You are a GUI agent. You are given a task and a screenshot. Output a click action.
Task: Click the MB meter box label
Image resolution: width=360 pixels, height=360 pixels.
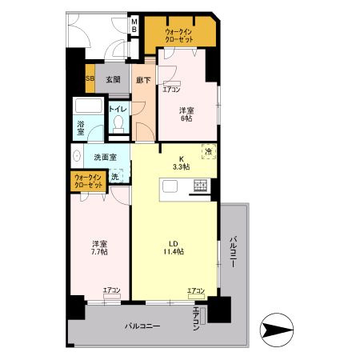(134, 25)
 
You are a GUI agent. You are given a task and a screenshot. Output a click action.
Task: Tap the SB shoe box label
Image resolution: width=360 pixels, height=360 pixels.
(90, 78)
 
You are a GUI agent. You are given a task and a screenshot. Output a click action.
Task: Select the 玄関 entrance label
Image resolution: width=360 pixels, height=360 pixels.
(113, 79)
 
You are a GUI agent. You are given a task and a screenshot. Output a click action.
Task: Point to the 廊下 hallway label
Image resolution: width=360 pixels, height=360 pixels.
(143, 80)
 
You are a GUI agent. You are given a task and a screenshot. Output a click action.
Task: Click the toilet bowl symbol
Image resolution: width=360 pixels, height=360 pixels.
(118, 124)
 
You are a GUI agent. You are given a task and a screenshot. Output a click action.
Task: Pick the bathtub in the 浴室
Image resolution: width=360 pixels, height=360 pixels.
(89, 106)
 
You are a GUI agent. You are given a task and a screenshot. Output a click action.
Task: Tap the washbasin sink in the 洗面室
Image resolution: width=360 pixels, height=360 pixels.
(77, 156)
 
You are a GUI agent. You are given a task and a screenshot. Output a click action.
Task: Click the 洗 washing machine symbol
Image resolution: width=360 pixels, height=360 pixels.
(116, 176)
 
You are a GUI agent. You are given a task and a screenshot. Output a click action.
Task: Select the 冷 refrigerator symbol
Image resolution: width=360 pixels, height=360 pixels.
(209, 152)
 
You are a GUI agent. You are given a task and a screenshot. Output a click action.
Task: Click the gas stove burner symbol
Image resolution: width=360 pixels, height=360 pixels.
(200, 186)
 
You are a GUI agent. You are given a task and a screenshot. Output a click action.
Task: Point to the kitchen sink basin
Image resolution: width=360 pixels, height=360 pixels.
(170, 186)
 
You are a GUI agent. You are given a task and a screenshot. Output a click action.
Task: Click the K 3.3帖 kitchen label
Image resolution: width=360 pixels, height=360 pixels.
(182, 163)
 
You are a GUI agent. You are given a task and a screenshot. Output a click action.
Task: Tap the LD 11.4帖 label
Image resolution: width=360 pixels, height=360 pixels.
(174, 247)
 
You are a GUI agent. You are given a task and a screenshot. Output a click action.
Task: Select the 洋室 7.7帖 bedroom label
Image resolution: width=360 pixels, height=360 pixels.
(100, 248)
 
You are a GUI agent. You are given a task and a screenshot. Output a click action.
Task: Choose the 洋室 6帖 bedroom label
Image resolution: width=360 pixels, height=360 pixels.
(186, 114)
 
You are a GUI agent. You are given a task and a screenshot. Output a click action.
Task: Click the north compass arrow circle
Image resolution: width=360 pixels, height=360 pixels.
(277, 330)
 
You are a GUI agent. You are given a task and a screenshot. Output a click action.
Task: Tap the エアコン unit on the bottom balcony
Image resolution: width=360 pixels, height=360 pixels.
(202, 316)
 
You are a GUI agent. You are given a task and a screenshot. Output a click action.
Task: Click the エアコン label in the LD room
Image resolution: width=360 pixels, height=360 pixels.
(196, 290)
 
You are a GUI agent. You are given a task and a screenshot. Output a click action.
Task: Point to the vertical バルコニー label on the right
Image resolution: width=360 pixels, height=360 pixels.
(233, 251)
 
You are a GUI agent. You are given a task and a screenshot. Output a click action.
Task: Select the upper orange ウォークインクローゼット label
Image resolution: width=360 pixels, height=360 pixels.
(178, 36)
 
